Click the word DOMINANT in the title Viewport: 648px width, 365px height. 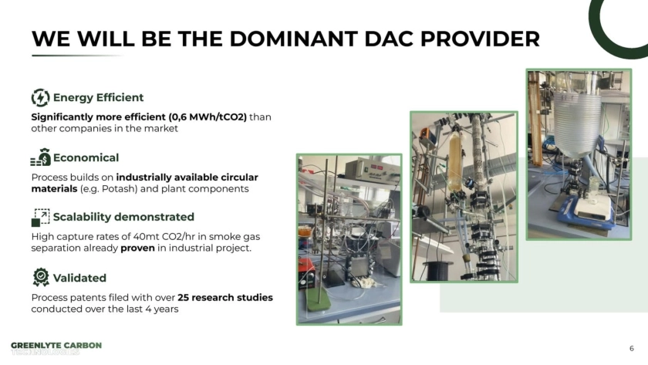point(293,39)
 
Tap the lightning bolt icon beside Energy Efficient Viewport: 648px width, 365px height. point(40,97)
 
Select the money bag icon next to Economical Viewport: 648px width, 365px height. point(40,157)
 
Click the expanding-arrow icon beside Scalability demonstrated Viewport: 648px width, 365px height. point(40,218)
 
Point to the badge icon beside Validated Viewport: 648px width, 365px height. point(41,277)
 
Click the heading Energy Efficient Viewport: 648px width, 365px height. point(99,97)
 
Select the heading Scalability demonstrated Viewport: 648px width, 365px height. point(123,217)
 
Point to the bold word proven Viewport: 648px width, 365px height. point(137,248)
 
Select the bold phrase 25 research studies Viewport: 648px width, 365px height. point(225,298)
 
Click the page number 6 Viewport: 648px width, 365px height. point(632,349)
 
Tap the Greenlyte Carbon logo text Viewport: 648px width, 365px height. point(56,349)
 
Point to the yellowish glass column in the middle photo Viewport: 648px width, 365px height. point(455,162)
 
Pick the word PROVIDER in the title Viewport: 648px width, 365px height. point(480,39)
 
